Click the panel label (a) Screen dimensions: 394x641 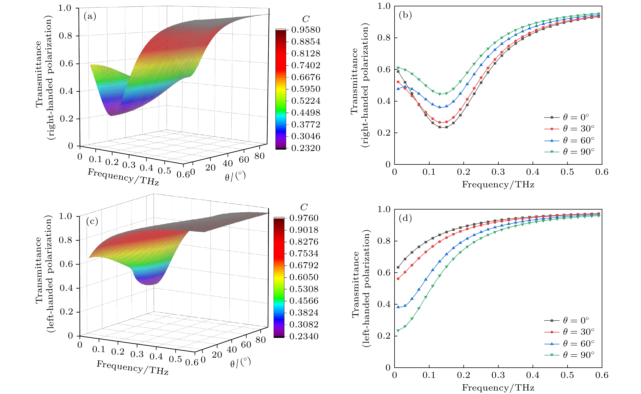coord(90,17)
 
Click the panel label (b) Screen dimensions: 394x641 coord(405,15)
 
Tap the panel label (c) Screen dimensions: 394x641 coord(92,221)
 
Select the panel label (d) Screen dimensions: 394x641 coord(405,218)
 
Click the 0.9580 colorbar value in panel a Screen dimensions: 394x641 coord(306,30)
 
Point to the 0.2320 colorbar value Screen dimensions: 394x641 coord(306,148)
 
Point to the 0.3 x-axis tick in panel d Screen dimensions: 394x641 coord(498,375)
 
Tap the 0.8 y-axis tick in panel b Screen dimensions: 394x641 coord(384,38)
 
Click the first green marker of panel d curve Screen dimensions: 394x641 coord(398,331)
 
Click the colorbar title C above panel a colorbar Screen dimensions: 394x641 coord(306,19)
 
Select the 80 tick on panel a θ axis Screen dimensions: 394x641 coord(260,156)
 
